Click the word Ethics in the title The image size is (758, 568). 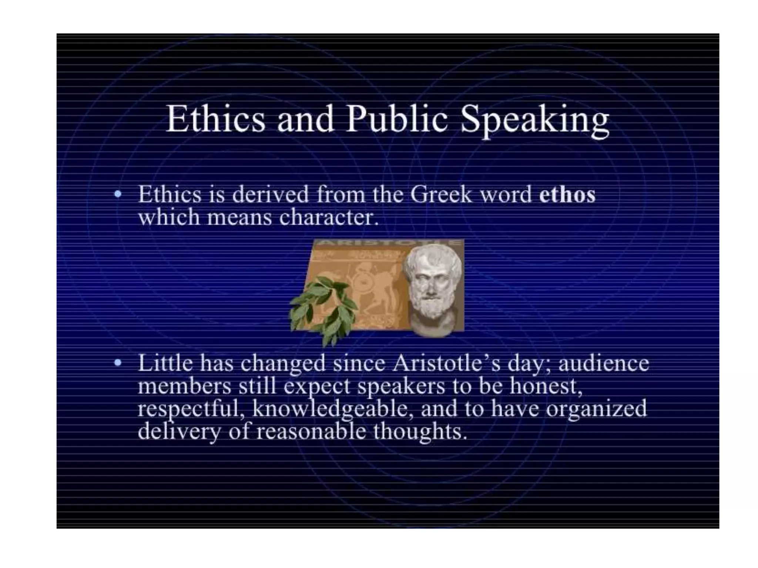click(216, 119)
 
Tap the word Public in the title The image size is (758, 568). click(397, 119)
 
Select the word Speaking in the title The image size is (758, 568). click(534, 121)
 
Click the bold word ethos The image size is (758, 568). click(567, 195)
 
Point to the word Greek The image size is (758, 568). click(441, 195)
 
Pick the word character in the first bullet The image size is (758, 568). click(329, 217)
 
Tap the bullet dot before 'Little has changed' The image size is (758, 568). click(118, 363)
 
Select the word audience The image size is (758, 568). click(603, 363)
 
